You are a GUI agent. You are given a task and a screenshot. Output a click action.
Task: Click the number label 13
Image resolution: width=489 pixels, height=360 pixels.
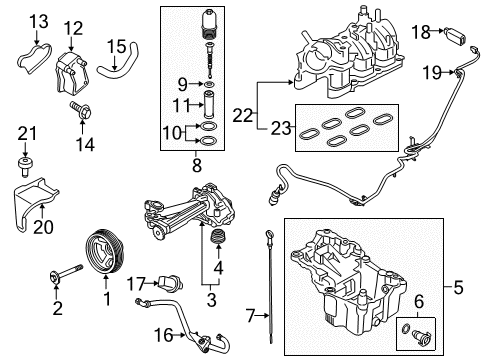click(x=38, y=21)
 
